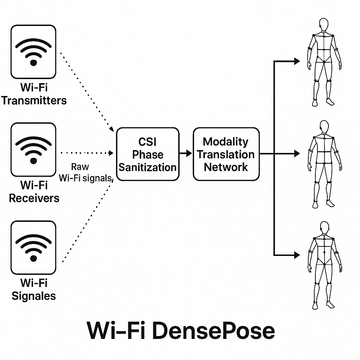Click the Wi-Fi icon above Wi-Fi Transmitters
pos(33,52)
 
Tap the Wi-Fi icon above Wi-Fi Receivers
pos(33,149)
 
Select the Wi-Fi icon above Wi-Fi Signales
pos(33,247)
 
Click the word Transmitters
pos(34,101)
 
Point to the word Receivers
pos(34,198)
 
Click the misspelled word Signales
pos(34,296)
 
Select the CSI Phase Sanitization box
pos(148,154)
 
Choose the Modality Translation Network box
pos(226,154)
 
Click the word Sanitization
pos(148,167)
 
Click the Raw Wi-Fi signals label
pos(85,172)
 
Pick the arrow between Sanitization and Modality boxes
pos(186,154)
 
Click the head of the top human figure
pos(324,25)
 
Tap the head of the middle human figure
pos(324,126)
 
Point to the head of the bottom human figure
pos(324,227)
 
